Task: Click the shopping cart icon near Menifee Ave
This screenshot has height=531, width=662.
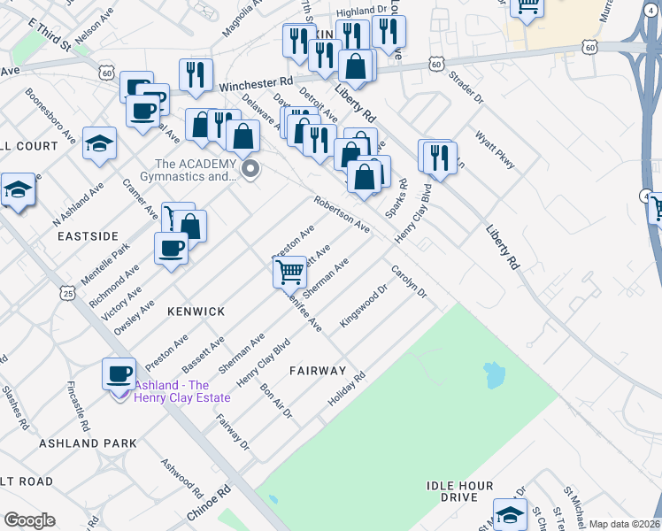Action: tap(290, 273)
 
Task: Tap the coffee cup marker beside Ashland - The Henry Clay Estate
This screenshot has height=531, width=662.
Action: tap(119, 373)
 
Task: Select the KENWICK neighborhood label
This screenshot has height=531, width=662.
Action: tap(196, 312)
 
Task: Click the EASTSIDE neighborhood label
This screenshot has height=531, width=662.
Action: tap(88, 236)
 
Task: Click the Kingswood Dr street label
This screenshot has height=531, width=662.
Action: tap(365, 304)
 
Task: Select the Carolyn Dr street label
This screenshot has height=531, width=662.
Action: tap(409, 281)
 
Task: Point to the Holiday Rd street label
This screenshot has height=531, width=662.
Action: tap(347, 389)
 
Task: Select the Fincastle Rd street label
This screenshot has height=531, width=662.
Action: tap(79, 407)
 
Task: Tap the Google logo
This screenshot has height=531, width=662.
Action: tap(29, 520)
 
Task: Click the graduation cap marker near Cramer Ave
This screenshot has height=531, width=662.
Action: tap(99, 142)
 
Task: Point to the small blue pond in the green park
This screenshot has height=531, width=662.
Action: tap(493, 375)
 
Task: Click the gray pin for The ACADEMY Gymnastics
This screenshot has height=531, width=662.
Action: tap(250, 168)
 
